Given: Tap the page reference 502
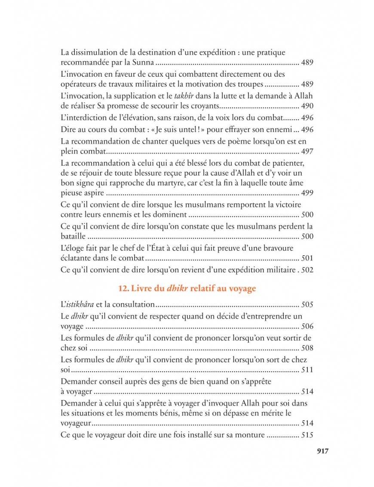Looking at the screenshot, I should coord(307,270).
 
